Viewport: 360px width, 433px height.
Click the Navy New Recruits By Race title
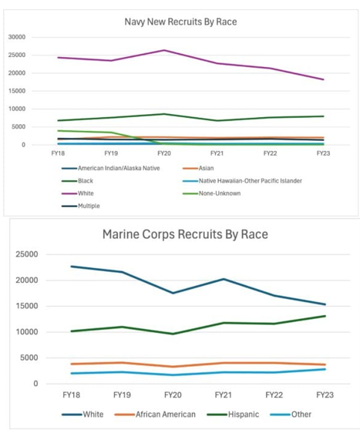pos(180,22)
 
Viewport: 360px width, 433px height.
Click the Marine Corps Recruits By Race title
pos(185,234)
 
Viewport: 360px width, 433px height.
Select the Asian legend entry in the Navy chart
pos(198,168)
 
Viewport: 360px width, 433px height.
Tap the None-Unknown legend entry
pos(212,193)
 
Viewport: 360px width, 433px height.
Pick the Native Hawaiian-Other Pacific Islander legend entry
pos(242,181)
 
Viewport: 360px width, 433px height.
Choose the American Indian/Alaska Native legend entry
pos(111,168)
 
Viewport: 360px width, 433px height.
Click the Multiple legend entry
pos(81,206)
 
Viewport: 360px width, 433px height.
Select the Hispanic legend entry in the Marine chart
pos(233,415)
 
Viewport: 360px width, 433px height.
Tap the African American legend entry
pos(155,415)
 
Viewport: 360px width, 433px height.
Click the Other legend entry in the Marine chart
pos(291,415)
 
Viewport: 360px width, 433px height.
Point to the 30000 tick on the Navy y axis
pos(17,37)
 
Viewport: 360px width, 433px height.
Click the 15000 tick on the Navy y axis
pos(17,91)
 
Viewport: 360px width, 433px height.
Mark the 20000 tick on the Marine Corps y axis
pos(27,280)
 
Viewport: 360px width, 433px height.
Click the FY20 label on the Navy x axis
pos(164,153)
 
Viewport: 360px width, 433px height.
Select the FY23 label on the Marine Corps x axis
pos(325,395)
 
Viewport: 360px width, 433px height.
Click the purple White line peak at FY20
pos(164,50)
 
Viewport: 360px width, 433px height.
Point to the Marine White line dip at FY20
pos(173,293)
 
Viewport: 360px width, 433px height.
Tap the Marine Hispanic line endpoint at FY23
pos(325,316)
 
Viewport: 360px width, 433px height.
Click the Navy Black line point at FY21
pos(217,121)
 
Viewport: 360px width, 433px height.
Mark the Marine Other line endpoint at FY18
pos(72,374)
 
